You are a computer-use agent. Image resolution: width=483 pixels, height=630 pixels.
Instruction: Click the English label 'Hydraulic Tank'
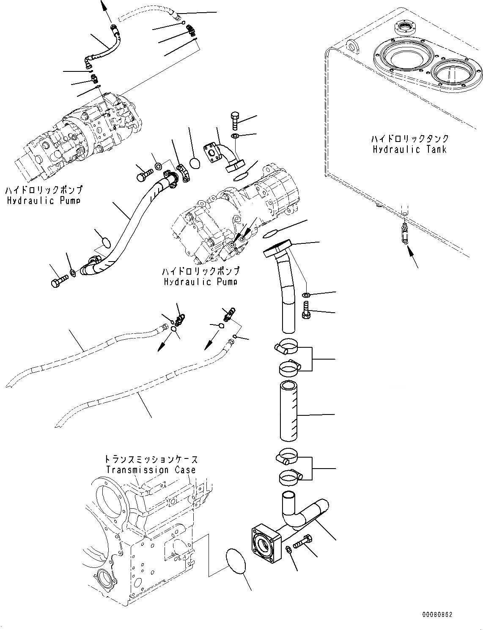click(409, 149)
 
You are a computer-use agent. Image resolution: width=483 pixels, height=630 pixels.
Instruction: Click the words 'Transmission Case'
click(151, 469)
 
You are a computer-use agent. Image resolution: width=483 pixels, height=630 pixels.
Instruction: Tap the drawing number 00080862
click(436, 614)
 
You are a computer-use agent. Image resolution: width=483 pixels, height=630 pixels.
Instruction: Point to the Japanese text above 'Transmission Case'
click(151, 459)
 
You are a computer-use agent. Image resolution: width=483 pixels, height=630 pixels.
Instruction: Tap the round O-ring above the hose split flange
click(195, 163)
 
